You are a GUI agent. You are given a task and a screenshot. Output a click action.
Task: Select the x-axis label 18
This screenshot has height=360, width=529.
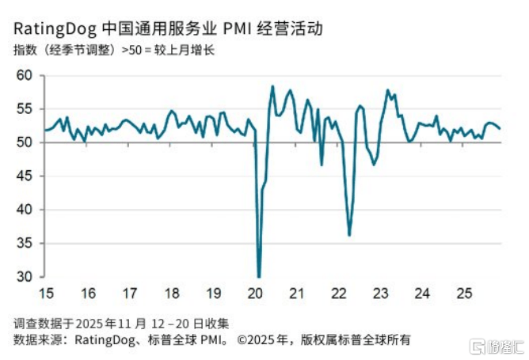pos(173,294)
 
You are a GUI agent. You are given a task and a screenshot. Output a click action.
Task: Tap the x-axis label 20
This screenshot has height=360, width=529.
pos(255,294)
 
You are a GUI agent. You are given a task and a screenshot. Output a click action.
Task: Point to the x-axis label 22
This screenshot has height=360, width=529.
pos(338,294)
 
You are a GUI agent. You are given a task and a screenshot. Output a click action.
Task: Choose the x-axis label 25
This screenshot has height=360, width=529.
pos(462,294)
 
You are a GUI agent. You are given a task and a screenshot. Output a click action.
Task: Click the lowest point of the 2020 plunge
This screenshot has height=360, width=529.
pos(259,277)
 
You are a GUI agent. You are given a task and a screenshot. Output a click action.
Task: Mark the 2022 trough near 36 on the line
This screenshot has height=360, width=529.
pos(349,235)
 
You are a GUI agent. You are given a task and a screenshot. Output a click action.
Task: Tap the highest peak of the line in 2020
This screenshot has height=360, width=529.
pos(272,86)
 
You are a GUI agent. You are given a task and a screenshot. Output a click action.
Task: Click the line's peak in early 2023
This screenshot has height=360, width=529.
pos(388,90)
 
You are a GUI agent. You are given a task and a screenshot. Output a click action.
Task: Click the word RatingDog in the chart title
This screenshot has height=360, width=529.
pos(53,30)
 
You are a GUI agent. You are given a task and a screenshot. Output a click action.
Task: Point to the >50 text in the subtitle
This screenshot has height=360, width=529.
pos(132,51)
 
